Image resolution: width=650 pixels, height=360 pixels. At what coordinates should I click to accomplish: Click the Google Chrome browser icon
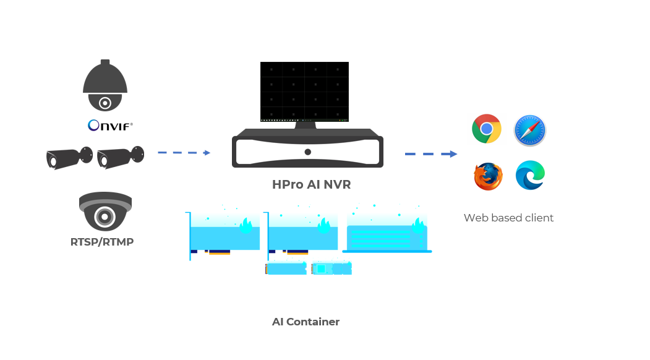487,129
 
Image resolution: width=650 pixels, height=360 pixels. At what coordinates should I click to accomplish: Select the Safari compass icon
530,131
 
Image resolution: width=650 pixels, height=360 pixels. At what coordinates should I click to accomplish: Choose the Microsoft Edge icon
530,176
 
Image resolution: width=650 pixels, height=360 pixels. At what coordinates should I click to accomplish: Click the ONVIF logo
110,125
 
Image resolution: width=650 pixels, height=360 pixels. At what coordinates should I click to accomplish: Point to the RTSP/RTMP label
102,242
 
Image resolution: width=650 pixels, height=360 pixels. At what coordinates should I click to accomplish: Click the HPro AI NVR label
311,184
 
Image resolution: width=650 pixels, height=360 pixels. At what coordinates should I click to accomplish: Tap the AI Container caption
306,322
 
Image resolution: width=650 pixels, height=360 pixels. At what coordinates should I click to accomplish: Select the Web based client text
508,218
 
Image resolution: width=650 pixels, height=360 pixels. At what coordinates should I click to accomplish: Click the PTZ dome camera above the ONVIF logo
105,85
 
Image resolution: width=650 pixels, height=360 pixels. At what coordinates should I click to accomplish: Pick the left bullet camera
69,158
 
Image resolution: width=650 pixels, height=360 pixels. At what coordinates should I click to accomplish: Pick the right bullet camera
121,157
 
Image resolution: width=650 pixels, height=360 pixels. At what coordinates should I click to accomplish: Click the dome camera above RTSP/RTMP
105,211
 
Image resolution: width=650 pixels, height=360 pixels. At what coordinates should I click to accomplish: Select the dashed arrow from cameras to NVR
184,153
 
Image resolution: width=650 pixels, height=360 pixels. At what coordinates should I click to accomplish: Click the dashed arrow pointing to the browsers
430,154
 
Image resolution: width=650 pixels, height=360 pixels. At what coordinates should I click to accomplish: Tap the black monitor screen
304,92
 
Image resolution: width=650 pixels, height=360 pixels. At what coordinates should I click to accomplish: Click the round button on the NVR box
307,152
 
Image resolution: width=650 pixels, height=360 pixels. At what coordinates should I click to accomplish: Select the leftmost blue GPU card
223,235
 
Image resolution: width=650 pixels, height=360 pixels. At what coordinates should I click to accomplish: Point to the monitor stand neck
305,125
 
